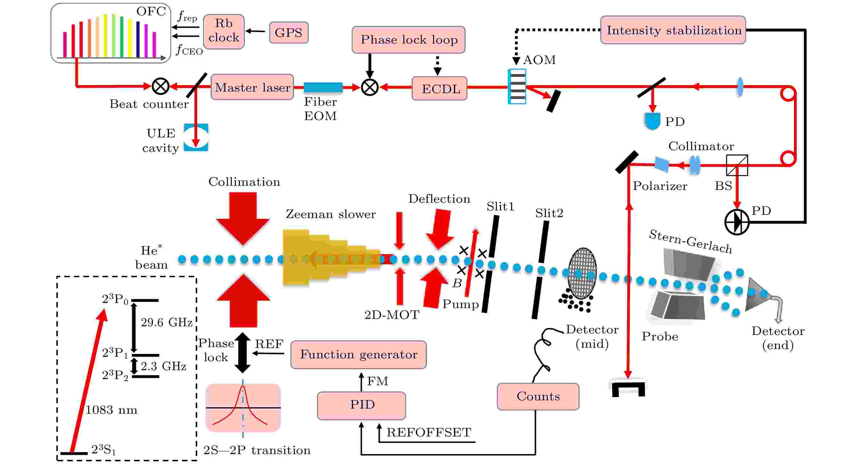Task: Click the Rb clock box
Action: (x=223, y=31)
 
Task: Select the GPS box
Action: (x=288, y=32)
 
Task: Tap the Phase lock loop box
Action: (x=408, y=40)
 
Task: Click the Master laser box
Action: (x=252, y=87)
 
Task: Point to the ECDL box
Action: (x=440, y=88)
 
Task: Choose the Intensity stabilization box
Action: (x=673, y=30)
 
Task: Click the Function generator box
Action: (x=358, y=354)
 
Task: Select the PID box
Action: (x=361, y=405)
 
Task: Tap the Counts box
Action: (x=538, y=396)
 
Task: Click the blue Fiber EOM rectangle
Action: (x=323, y=87)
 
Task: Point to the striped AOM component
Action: (x=517, y=86)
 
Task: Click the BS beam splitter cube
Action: (x=737, y=165)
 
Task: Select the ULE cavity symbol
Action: (x=196, y=137)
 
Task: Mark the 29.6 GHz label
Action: (x=166, y=322)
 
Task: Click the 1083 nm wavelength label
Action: (x=111, y=410)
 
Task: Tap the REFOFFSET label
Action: (x=429, y=432)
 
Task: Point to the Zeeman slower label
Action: (x=331, y=214)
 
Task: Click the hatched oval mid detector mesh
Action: (x=582, y=273)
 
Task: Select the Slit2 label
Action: (x=549, y=213)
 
